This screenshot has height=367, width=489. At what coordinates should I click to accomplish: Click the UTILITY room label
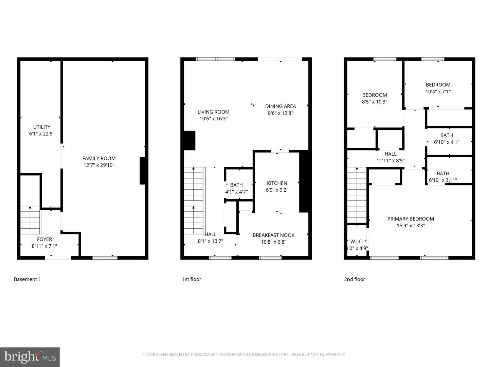click(42, 127)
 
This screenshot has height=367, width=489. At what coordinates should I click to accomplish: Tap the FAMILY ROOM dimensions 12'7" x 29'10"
click(99, 165)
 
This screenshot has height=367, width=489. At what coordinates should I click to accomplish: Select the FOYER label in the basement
click(44, 239)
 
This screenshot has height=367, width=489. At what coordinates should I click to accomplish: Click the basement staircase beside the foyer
click(30, 220)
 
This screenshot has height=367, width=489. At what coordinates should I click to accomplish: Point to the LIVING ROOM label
click(213, 112)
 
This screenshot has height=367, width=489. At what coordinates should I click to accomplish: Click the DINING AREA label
click(280, 106)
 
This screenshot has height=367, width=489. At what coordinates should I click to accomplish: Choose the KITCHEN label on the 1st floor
click(277, 183)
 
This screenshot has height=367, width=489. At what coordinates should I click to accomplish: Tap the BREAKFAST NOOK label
click(273, 235)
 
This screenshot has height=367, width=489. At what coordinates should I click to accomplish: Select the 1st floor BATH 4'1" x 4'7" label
click(236, 188)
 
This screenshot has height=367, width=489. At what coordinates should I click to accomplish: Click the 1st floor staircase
click(194, 200)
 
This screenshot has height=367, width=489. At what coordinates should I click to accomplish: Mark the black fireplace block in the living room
click(189, 140)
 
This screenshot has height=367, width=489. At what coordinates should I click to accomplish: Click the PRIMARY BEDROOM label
click(411, 219)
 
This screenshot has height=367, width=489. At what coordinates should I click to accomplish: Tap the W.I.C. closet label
click(357, 242)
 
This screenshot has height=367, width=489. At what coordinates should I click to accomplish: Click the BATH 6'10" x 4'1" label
click(447, 139)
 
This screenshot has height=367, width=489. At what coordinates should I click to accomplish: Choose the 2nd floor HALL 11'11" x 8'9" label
click(391, 157)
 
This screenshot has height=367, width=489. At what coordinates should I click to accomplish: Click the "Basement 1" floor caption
click(27, 279)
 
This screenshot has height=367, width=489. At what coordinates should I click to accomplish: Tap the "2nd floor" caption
click(355, 279)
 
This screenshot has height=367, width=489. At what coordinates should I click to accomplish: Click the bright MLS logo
click(30, 357)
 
